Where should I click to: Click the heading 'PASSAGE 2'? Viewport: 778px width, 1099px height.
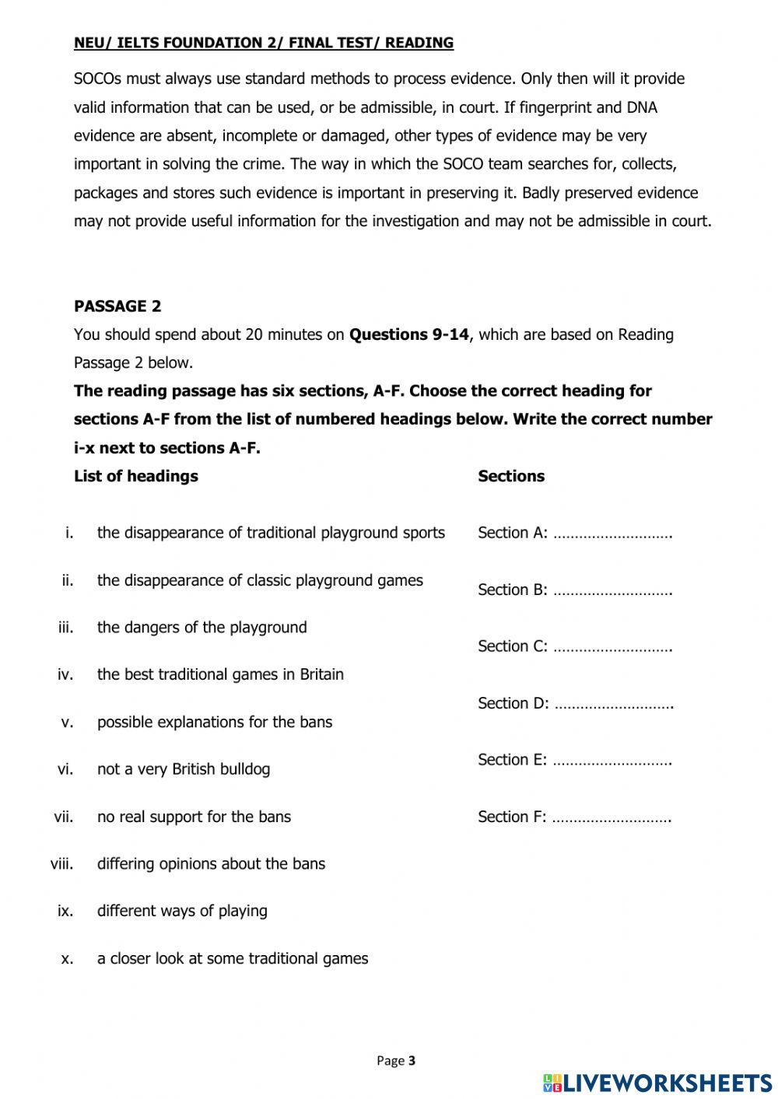pos(117,306)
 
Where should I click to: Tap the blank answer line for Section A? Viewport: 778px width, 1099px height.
pos(612,534)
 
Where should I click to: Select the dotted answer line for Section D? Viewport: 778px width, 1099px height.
pos(613,705)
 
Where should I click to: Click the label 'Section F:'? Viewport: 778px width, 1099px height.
pos(512,817)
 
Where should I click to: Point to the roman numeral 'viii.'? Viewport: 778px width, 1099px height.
pos(62,863)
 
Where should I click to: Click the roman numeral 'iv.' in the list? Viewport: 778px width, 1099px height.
pos(65,674)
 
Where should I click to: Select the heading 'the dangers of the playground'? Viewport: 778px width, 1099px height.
pos(202,627)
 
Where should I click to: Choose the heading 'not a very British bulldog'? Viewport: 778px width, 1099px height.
pos(184,769)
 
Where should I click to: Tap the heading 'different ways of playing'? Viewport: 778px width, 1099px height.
pos(182,911)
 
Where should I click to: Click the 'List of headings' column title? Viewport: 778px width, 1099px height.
pos(136,476)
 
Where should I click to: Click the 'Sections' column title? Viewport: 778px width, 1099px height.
pos(511,476)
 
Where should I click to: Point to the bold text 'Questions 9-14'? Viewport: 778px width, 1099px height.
pos(409,334)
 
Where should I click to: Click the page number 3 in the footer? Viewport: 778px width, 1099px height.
pos(412,1060)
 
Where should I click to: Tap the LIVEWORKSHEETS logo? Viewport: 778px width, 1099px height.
pos(657,1082)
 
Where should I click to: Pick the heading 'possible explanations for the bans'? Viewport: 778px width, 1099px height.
pos(215,722)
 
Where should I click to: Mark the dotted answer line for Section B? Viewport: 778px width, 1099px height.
pos(612,591)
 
